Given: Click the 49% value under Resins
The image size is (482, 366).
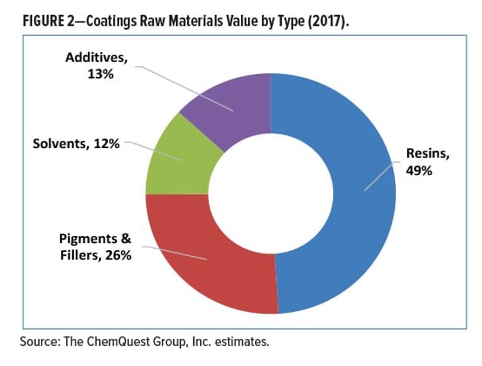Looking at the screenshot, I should pyautogui.click(x=419, y=170).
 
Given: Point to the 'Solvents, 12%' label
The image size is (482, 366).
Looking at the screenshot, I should pyautogui.click(x=76, y=144).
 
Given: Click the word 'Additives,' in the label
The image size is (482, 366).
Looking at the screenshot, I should pyautogui.click(x=96, y=58).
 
